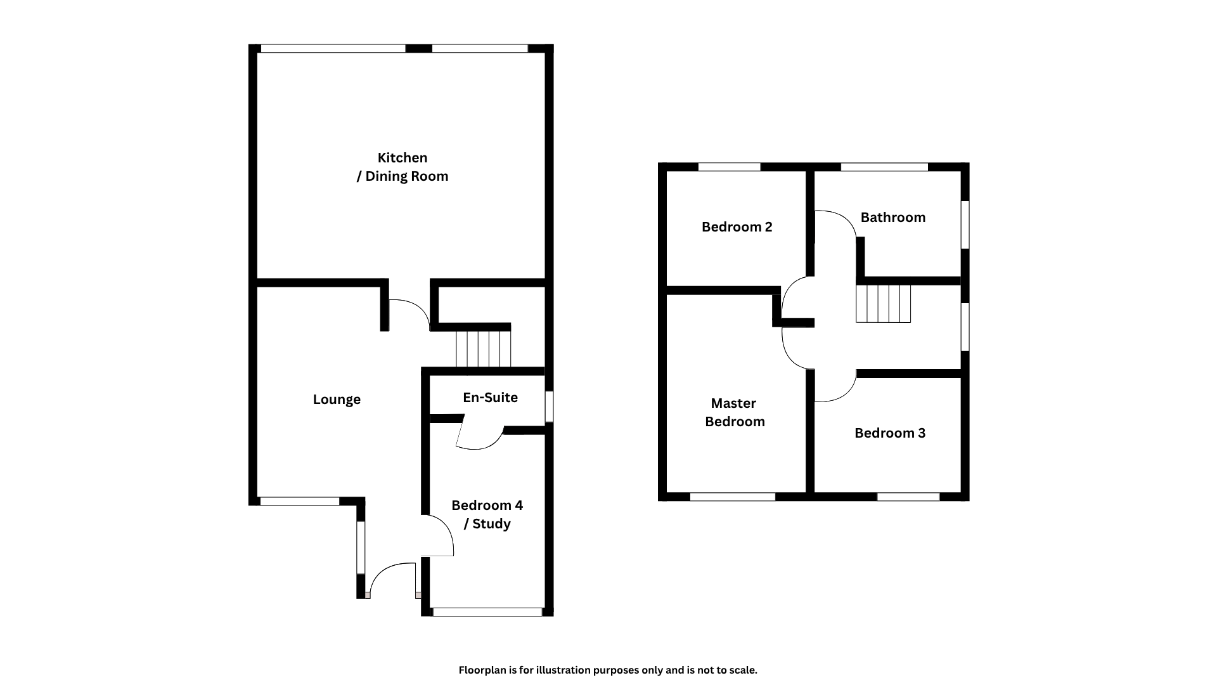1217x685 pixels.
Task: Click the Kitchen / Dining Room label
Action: pos(402,167)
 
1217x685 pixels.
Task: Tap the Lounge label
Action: pos(337,400)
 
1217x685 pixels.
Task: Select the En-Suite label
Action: pos(490,398)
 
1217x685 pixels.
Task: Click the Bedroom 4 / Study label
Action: pos(487,514)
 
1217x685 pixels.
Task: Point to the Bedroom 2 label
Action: pos(737,227)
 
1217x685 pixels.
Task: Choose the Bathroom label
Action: pos(892,218)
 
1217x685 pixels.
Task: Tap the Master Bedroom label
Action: pos(734,412)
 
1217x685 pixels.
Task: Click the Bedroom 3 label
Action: pos(889,433)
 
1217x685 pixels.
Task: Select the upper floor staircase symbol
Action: pos(883,304)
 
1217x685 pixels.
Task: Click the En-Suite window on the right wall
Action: pos(549,407)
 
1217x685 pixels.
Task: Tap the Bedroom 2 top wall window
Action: pos(729,167)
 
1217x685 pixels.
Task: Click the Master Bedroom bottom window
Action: pos(732,497)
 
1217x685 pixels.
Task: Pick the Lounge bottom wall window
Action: pos(299,501)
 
